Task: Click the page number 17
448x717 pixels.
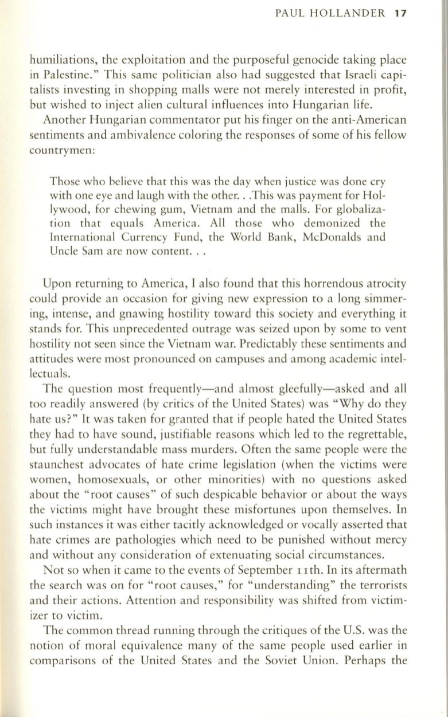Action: tap(400, 14)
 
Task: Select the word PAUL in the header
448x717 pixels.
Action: tap(290, 14)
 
